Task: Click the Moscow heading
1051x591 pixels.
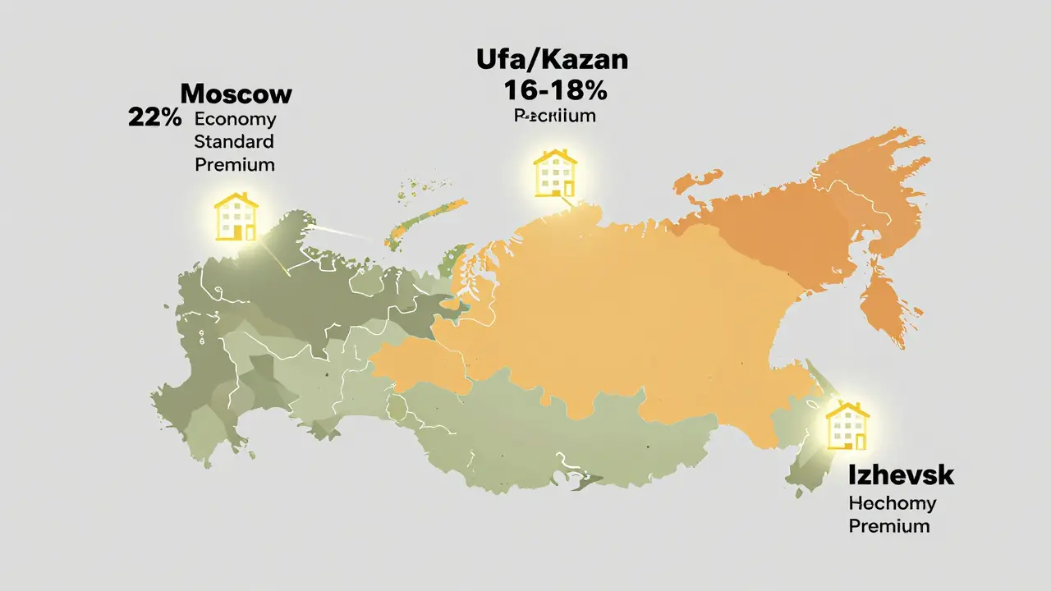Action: [236, 94]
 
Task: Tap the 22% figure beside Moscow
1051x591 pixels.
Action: [154, 117]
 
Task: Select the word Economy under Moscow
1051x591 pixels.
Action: [235, 118]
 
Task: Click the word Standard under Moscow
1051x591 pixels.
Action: [234, 141]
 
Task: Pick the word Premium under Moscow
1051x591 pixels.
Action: [235, 164]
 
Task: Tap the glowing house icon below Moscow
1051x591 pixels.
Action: [236, 216]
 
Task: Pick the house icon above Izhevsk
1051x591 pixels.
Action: [847, 426]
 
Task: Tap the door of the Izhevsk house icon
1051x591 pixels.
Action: [859, 440]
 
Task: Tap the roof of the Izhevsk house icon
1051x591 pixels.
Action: [847, 410]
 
